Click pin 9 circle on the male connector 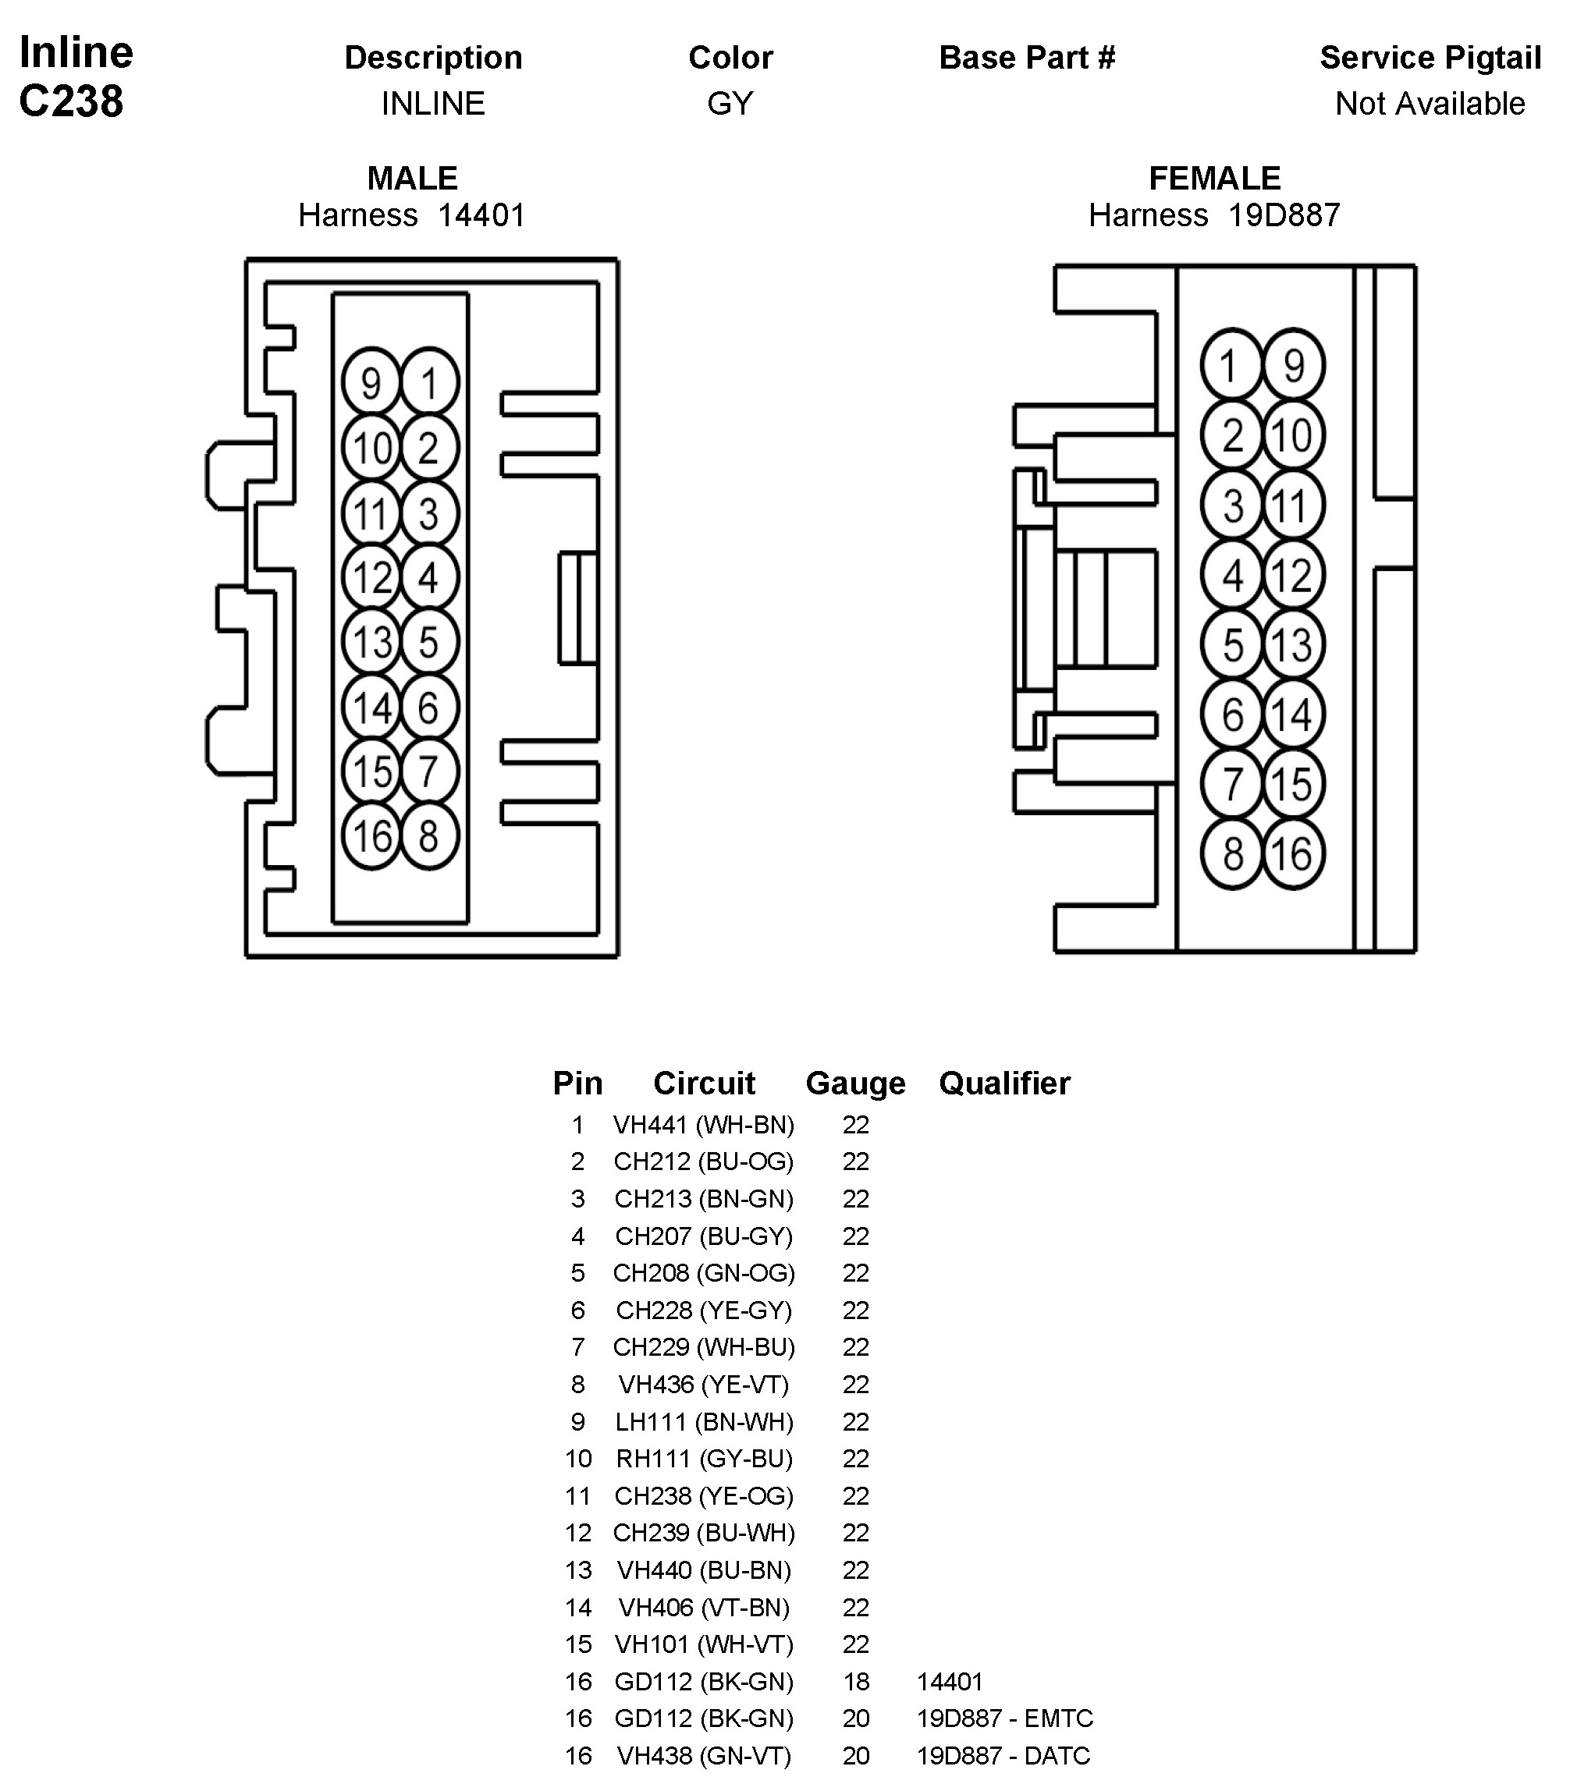point(371,384)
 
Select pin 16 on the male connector point(371,836)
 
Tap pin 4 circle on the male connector point(429,578)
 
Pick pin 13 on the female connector point(1293,645)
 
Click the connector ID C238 point(71,101)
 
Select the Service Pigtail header point(1430,58)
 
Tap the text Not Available point(1430,103)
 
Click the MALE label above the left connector point(412,178)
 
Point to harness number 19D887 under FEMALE point(1284,215)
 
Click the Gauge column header point(855,1083)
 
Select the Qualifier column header point(1004,1083)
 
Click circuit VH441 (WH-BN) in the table point(704,1125)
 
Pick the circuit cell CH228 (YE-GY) point(704,1310)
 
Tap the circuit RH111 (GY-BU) point(704,1459)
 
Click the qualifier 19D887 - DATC point(1003,1756)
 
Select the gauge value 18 point(856,1682)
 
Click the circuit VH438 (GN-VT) point(704,1756)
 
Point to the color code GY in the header point(730,103)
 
